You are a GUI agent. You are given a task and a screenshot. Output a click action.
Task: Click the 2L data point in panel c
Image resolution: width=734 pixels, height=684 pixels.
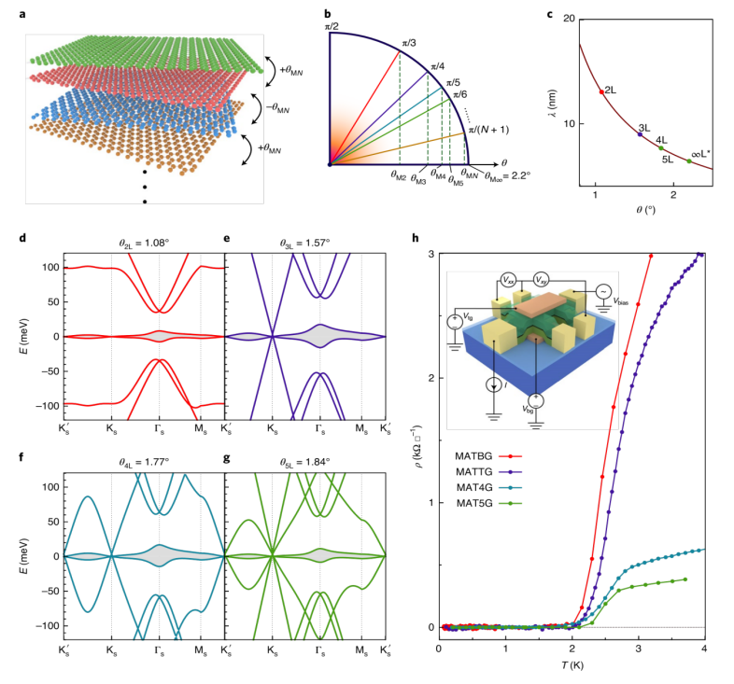pos(600,91)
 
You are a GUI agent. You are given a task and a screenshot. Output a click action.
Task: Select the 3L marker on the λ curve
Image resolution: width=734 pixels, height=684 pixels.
pos(640,134)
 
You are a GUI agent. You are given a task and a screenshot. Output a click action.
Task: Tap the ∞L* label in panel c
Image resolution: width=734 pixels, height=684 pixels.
pos(700,153)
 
